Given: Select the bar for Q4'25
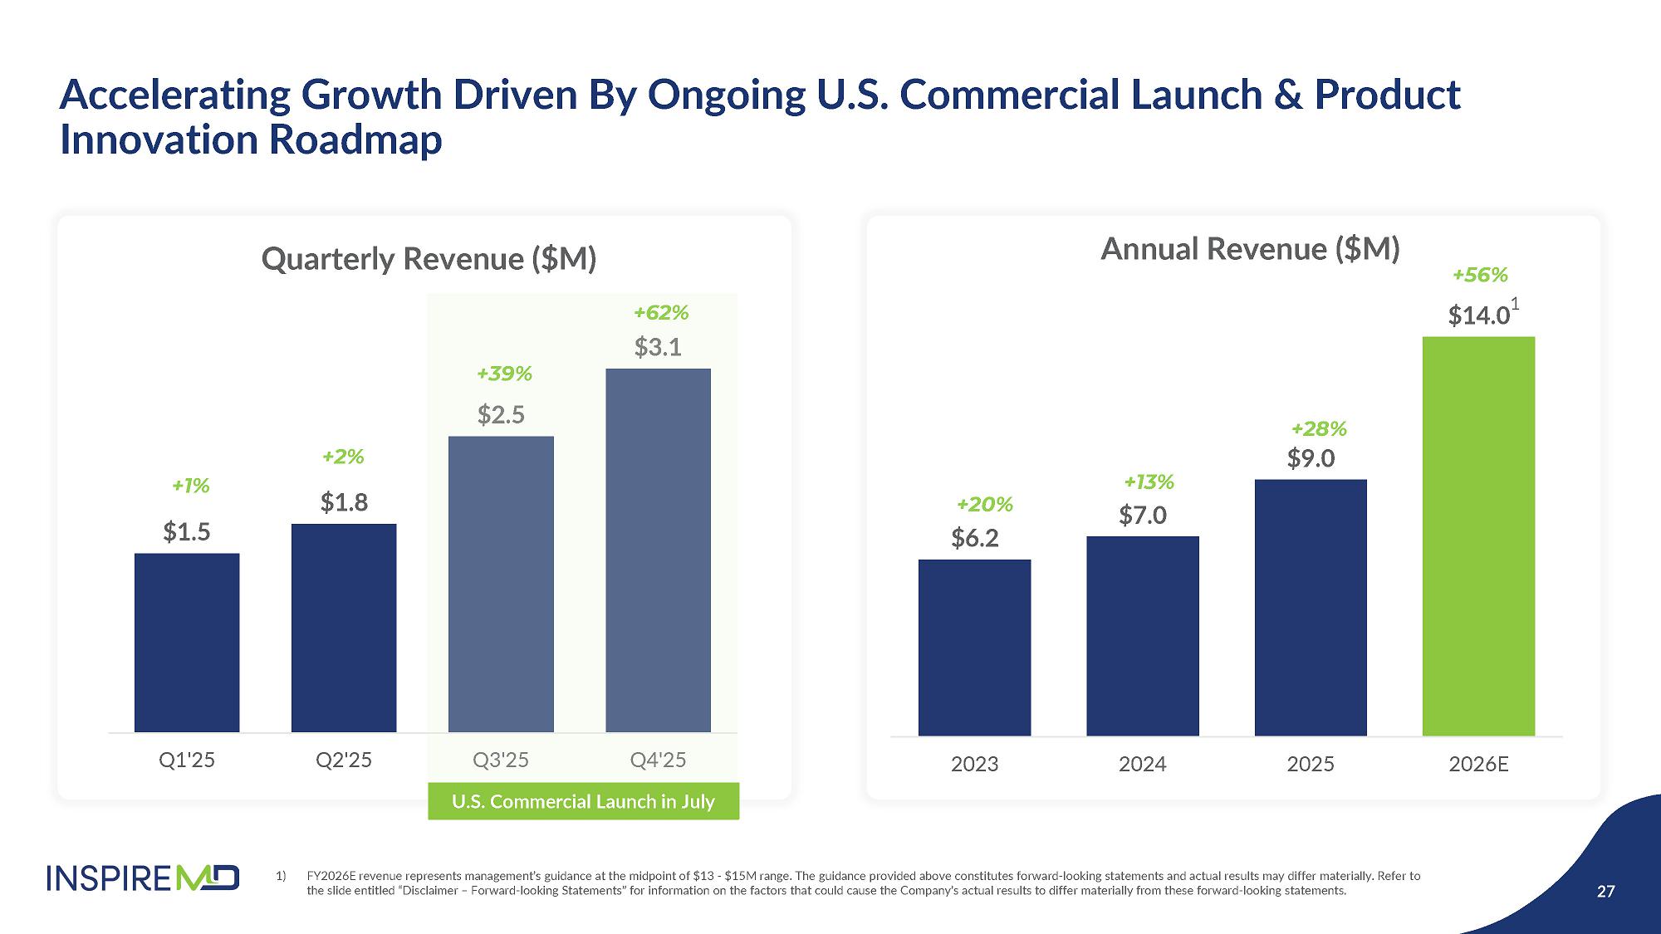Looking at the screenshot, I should tap(658, 550).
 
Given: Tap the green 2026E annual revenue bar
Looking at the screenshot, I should tap(1478, 535).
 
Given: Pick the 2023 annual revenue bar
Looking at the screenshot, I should tap(974, 648).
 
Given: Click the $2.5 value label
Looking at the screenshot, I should tap(501, 414).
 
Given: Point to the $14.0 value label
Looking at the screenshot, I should tap(1478, 315).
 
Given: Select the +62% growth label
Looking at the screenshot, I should tap(661, 313).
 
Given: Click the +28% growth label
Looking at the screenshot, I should tap(1319, 429).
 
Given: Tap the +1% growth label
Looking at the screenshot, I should tap(190, 486).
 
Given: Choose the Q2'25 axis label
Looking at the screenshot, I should tap(344, 760).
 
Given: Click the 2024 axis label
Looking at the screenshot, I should tap(1142, 764).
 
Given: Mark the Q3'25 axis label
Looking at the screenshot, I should tap(501, 760).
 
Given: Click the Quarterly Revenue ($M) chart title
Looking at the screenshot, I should tap(429, 259).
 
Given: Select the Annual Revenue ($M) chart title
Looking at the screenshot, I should tap(1250, 249).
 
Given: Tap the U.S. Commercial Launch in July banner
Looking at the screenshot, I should tap(583, 801).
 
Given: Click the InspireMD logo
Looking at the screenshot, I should tap(143, 878).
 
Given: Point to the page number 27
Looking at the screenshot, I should tap(1605, 892).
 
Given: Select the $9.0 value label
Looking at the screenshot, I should tap(1311, 458).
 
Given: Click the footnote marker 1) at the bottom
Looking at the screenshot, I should tap(281, 876).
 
